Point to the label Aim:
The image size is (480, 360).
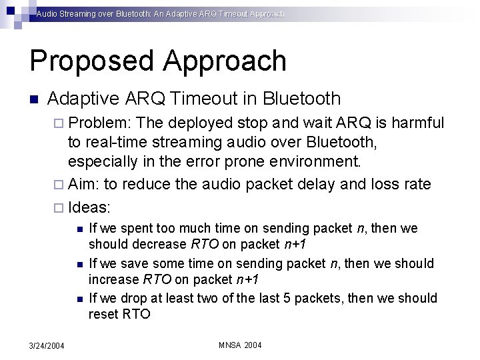tap(85, 184)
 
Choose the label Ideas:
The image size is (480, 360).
tap(91, 204)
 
